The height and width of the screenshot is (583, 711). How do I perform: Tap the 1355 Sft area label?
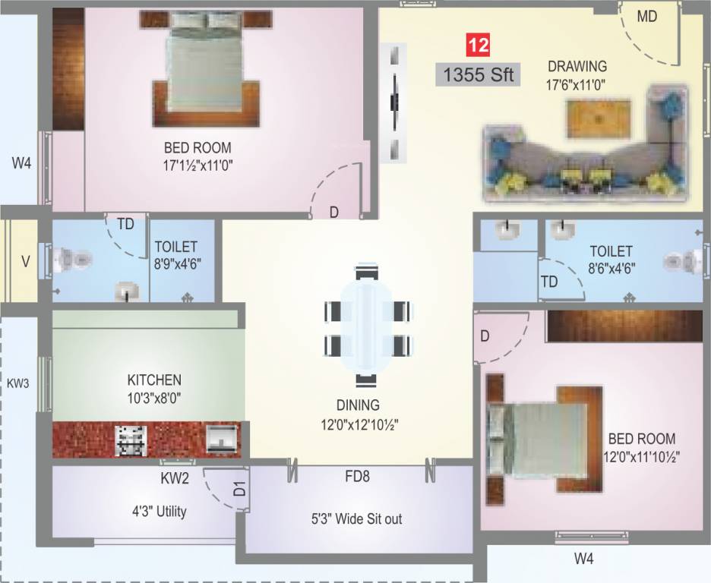click(x=478, y=75)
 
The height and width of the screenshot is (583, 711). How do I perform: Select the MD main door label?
click(x=647, y=17)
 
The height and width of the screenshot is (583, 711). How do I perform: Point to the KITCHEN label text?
click(x=154, y=380)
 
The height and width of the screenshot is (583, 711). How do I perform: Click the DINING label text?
click(x=358, y=405)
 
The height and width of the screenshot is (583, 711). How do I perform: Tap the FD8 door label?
click(x=357, y=477)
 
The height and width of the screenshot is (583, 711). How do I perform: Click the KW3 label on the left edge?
click(x=17, y=383)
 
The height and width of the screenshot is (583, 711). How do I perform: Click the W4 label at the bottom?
click(x=583, y=559)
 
